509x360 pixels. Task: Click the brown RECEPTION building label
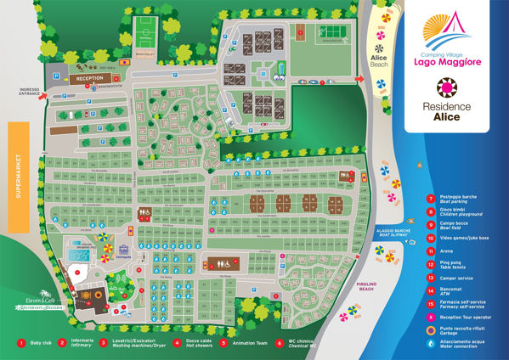tap(90, 77)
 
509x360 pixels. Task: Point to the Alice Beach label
tap(380, 60)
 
